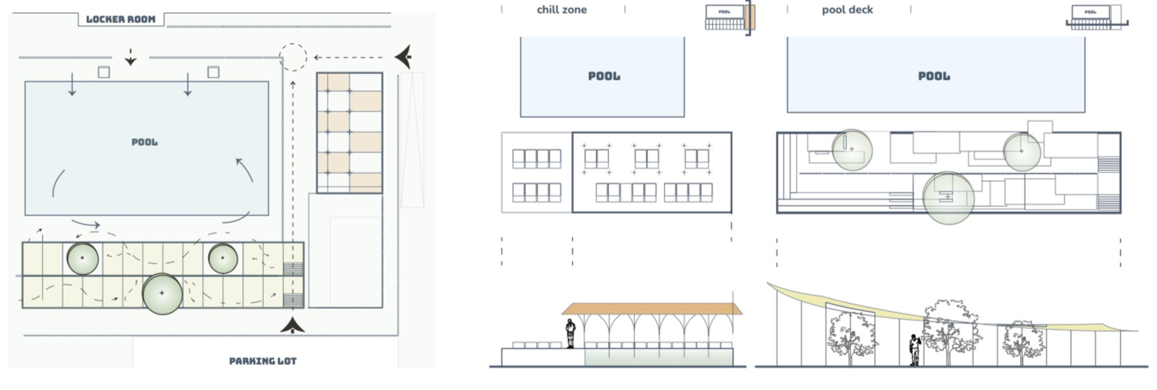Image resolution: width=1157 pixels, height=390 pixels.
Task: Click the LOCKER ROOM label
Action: point(120,19)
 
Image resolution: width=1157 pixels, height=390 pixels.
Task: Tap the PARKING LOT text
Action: point(263,361)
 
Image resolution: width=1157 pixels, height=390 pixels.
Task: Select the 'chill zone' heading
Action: point(561,10)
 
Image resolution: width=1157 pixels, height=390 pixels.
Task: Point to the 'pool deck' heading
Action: point(847,10)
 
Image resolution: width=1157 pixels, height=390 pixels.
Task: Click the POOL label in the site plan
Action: point(144,142)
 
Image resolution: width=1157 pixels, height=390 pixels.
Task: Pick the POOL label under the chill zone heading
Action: point(604,76)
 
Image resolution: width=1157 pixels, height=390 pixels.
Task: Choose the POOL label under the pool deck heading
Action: point(934,76)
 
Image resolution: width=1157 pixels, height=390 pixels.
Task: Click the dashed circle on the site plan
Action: point(293,57)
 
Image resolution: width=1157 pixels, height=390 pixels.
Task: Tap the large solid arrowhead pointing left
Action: point(404,57)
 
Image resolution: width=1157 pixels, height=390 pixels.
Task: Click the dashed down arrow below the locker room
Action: point(131,58)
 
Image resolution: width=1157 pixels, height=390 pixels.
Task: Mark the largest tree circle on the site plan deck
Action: point(162,293)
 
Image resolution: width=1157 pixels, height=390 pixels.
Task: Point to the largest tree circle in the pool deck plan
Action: point(948,198)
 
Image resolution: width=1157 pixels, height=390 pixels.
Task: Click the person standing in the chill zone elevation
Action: point(570,334)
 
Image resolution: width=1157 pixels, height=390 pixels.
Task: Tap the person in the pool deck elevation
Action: point(914,350)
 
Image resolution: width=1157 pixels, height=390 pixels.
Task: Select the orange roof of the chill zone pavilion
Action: point(654,309)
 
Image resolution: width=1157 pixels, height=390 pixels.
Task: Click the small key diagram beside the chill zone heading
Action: point(729,18)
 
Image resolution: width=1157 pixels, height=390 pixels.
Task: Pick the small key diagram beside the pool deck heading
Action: point(1096,17)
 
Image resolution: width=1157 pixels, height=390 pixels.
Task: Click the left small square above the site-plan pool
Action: point(104,72)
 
